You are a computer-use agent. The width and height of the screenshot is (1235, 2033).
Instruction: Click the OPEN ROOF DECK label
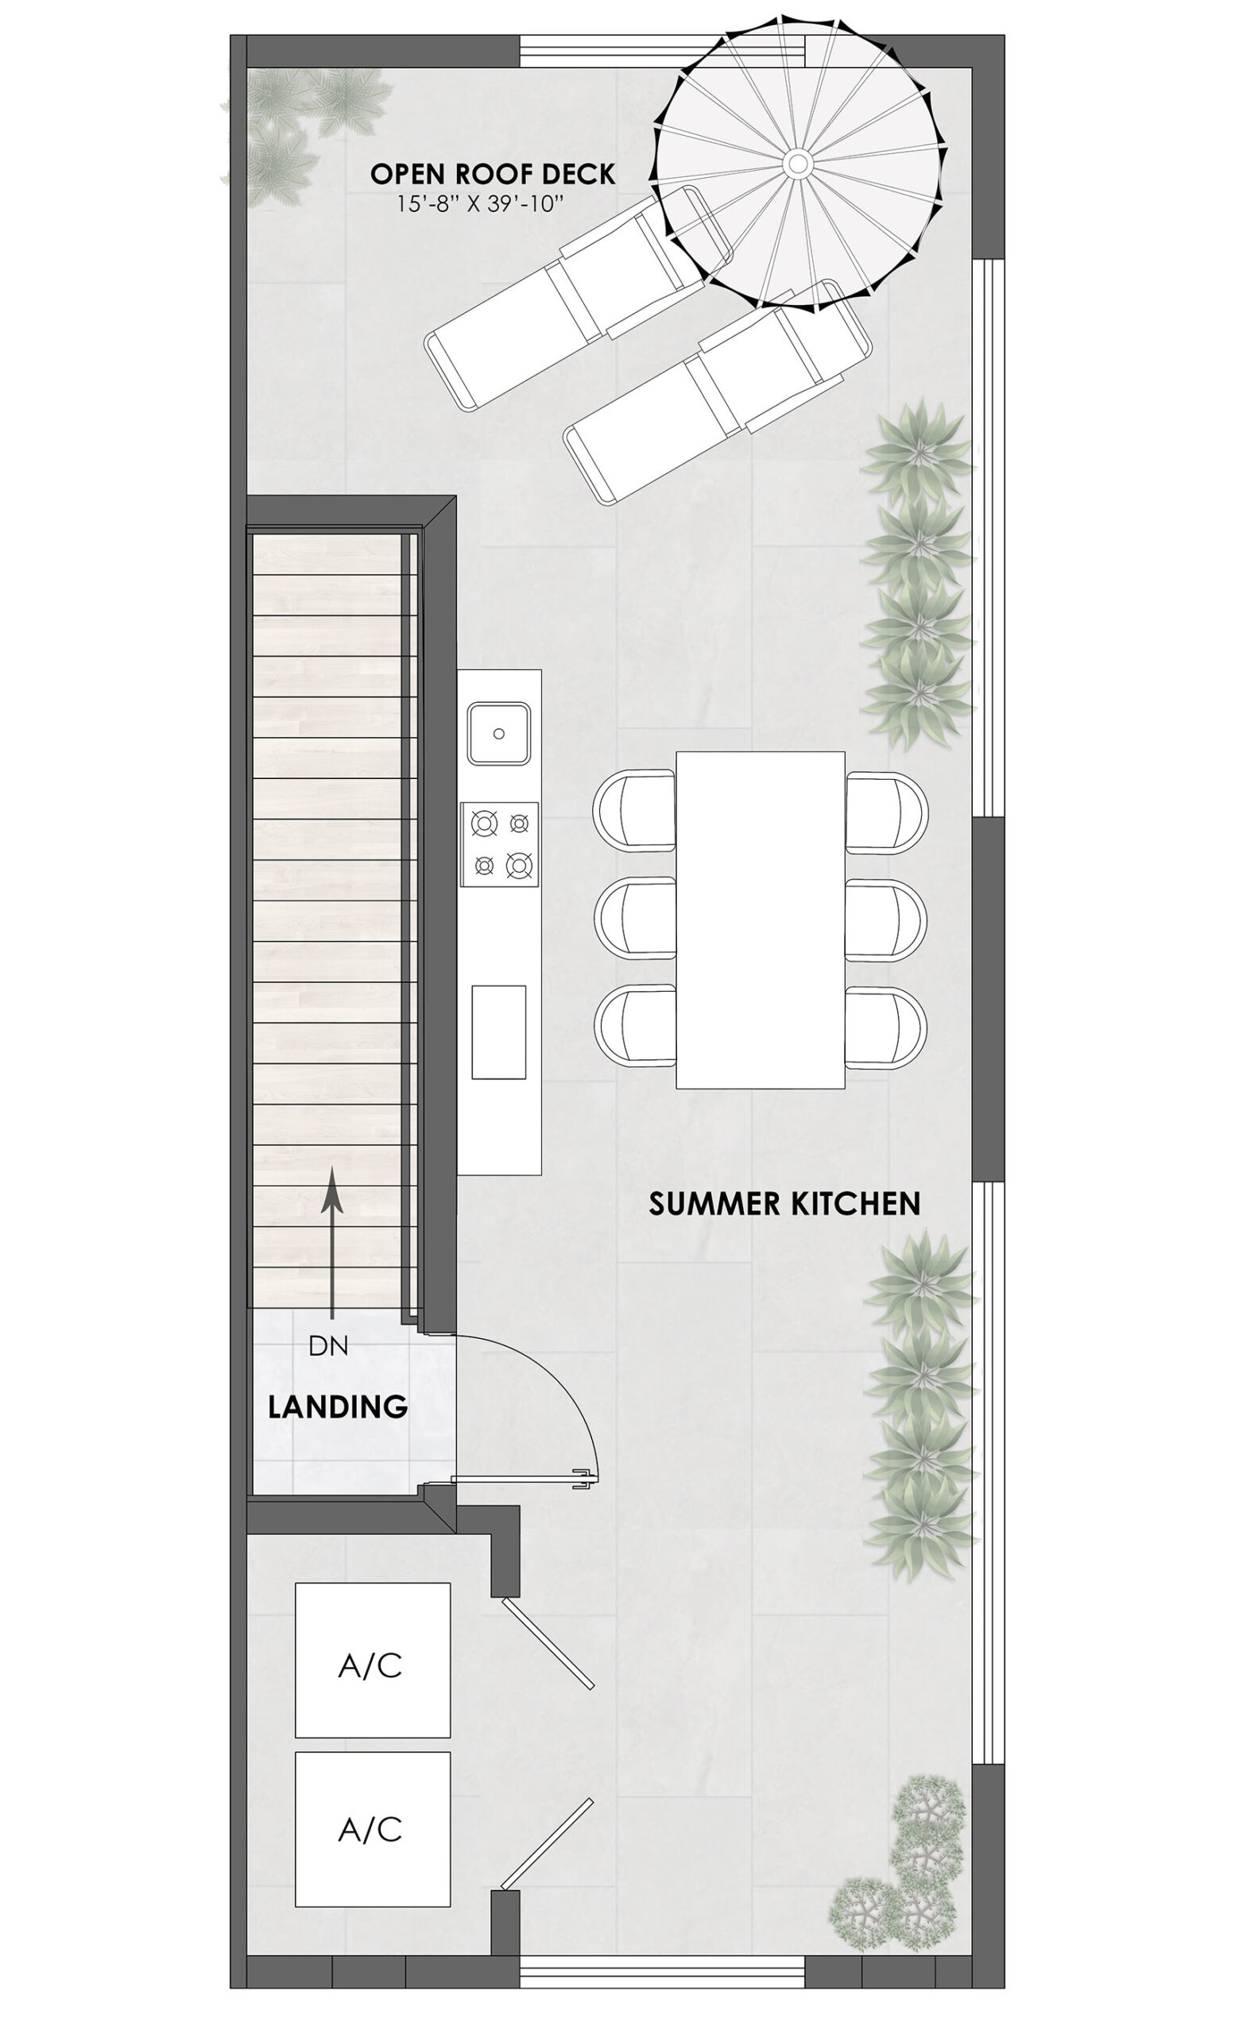click(x=492, y=174)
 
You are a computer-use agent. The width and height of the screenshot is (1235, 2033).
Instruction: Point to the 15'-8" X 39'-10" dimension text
click(x=480, y=204)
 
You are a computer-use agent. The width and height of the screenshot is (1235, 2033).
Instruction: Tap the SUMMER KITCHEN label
click(x=784, y=1204)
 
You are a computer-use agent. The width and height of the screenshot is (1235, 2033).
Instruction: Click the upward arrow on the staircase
click(x=333, y=1243)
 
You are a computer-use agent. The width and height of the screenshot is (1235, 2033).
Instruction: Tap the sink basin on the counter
click(x=499, y=733)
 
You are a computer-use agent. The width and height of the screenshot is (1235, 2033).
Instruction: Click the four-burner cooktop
click(x=500, y=844)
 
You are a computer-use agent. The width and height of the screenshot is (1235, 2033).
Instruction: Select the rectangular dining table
click(x=761, y=920)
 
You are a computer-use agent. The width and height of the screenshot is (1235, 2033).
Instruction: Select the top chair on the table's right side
click(x=887, y=812)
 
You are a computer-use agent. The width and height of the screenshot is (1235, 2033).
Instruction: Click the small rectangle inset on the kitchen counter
click(x=498, y=1032)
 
